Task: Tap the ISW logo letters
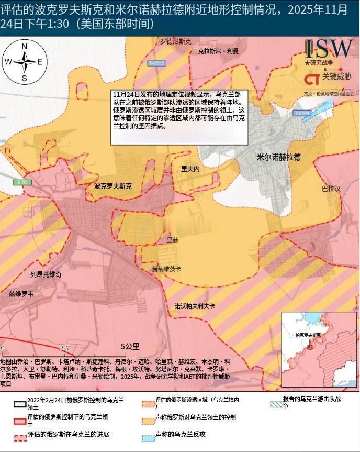click(x=329, y=49)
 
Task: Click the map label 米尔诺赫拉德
click(x=278, y=157)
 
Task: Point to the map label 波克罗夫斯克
click(x=113, y=186)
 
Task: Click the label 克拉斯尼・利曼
click(x=218, y=51)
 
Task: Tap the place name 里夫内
click(x=190, y=169)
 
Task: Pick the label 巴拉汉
click(x=331, y=188)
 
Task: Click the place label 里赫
click(x=172, y=240)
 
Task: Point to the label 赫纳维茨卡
click(x=166, y=269)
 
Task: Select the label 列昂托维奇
click(x=46, y=274)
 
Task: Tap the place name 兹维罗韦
click(x=21, y=294)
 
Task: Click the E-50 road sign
click(x=22, y=182)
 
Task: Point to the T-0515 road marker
click(x=156, y=63)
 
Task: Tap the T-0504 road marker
click(x=302, y=113)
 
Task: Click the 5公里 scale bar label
click(x=130, y=346)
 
